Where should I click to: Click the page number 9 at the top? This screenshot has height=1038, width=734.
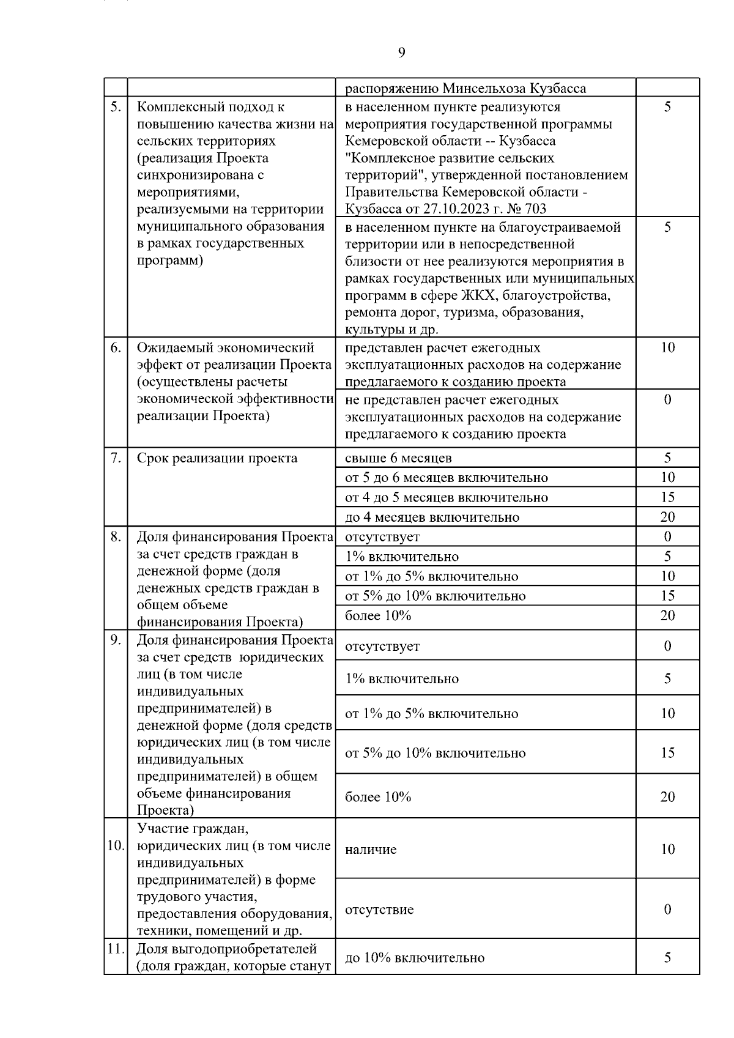point(401,53)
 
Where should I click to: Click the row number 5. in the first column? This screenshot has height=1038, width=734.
point(116,107)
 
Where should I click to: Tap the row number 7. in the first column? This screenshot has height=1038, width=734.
point(116,458)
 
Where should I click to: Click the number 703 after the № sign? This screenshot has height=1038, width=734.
point(535,209)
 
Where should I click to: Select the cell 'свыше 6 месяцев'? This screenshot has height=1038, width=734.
point(398,458)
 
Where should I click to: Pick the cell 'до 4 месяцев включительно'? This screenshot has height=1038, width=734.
point(432,517)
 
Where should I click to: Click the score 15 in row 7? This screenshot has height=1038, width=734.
point(667,497)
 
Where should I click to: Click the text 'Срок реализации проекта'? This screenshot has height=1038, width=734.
point(217,458)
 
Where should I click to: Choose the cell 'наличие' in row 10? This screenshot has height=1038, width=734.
point(371,850)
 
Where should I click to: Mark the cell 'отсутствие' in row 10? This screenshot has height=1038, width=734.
point(379,910)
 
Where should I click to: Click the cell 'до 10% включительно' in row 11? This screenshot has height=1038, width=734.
point(415,958)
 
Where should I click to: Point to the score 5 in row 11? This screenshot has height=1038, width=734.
point(667,958)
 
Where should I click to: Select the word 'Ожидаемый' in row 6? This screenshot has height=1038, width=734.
point(172,348)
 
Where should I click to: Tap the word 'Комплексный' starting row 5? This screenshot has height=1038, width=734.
point(178,107)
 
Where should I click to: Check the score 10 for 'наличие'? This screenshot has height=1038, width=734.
point(667,850)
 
